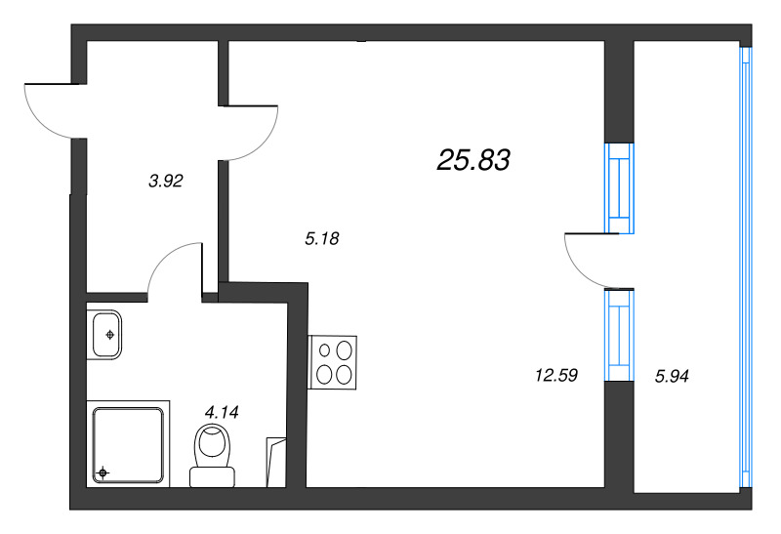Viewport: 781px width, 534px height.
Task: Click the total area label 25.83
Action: tap(474, 161)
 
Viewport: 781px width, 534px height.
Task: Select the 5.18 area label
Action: tap(321, 237)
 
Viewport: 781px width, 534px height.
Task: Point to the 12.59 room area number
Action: tap(555, 375)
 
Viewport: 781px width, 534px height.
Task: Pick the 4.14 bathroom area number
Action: tap(222, 412)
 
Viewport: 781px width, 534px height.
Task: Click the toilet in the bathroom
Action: tap(211, 455)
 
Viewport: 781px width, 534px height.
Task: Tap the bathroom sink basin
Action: tap(105, 334)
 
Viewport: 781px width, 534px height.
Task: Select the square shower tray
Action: tap(127, 445)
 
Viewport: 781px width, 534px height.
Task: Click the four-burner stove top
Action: tap(333, 361)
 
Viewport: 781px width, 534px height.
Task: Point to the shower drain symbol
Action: tap(103, 474)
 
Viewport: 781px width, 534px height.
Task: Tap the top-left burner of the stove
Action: tap(322, 349)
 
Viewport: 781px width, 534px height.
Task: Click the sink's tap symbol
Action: tap(110, 334)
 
